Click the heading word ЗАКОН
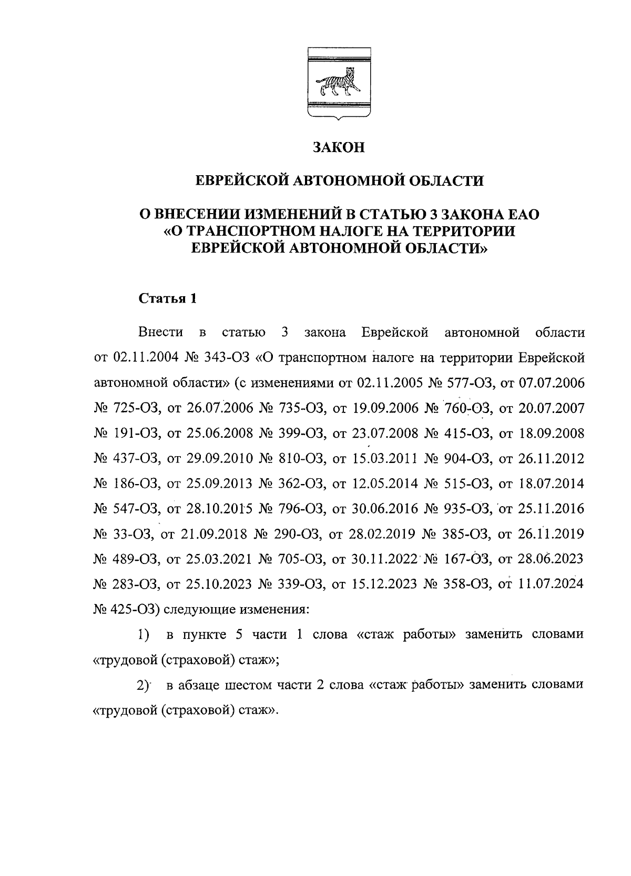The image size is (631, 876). point(338,147)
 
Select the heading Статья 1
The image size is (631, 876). point(167,299)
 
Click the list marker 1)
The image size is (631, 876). point(144,635)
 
